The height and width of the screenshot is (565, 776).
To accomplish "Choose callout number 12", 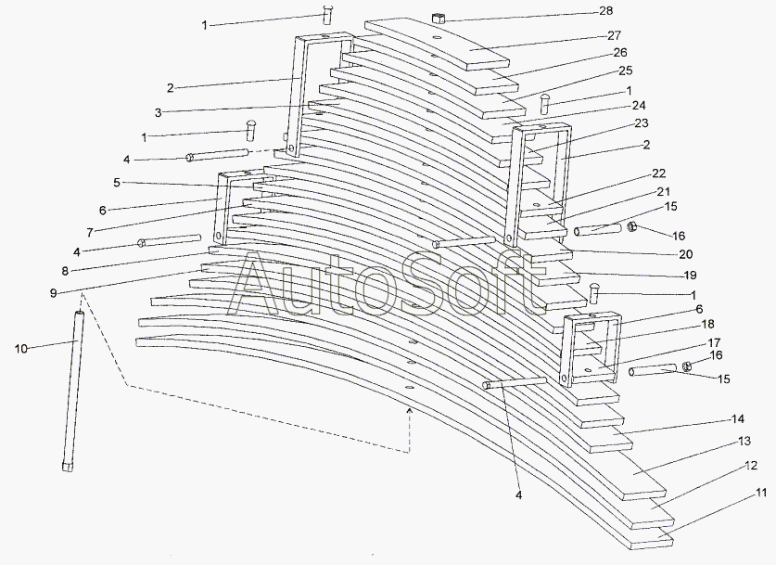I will pos(749,468).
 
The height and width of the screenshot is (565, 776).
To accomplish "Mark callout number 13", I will pos(744,440).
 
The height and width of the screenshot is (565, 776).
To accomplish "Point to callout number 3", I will pos(159,111).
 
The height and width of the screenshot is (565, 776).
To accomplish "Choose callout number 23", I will pos(642,122).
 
